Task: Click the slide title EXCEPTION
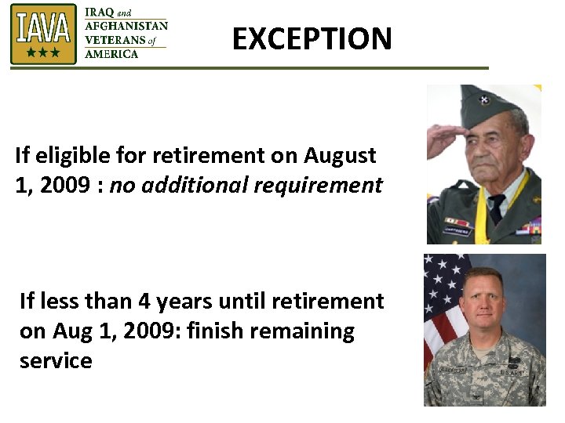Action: click(x=312, y=38)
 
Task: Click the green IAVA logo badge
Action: click(x=43, y=34)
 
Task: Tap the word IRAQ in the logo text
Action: click(x=100, y=12)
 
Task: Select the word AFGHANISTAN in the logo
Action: click(x=126, y=26)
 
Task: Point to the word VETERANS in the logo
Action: click(x=115, y=40)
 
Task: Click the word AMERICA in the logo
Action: click(x=111, y=54)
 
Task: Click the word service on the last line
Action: click(x=56, y=360)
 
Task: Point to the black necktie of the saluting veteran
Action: click(x=495, y=210)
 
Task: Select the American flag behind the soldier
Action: click(x=440, y=305)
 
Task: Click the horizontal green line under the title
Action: click(x=249, y=68)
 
